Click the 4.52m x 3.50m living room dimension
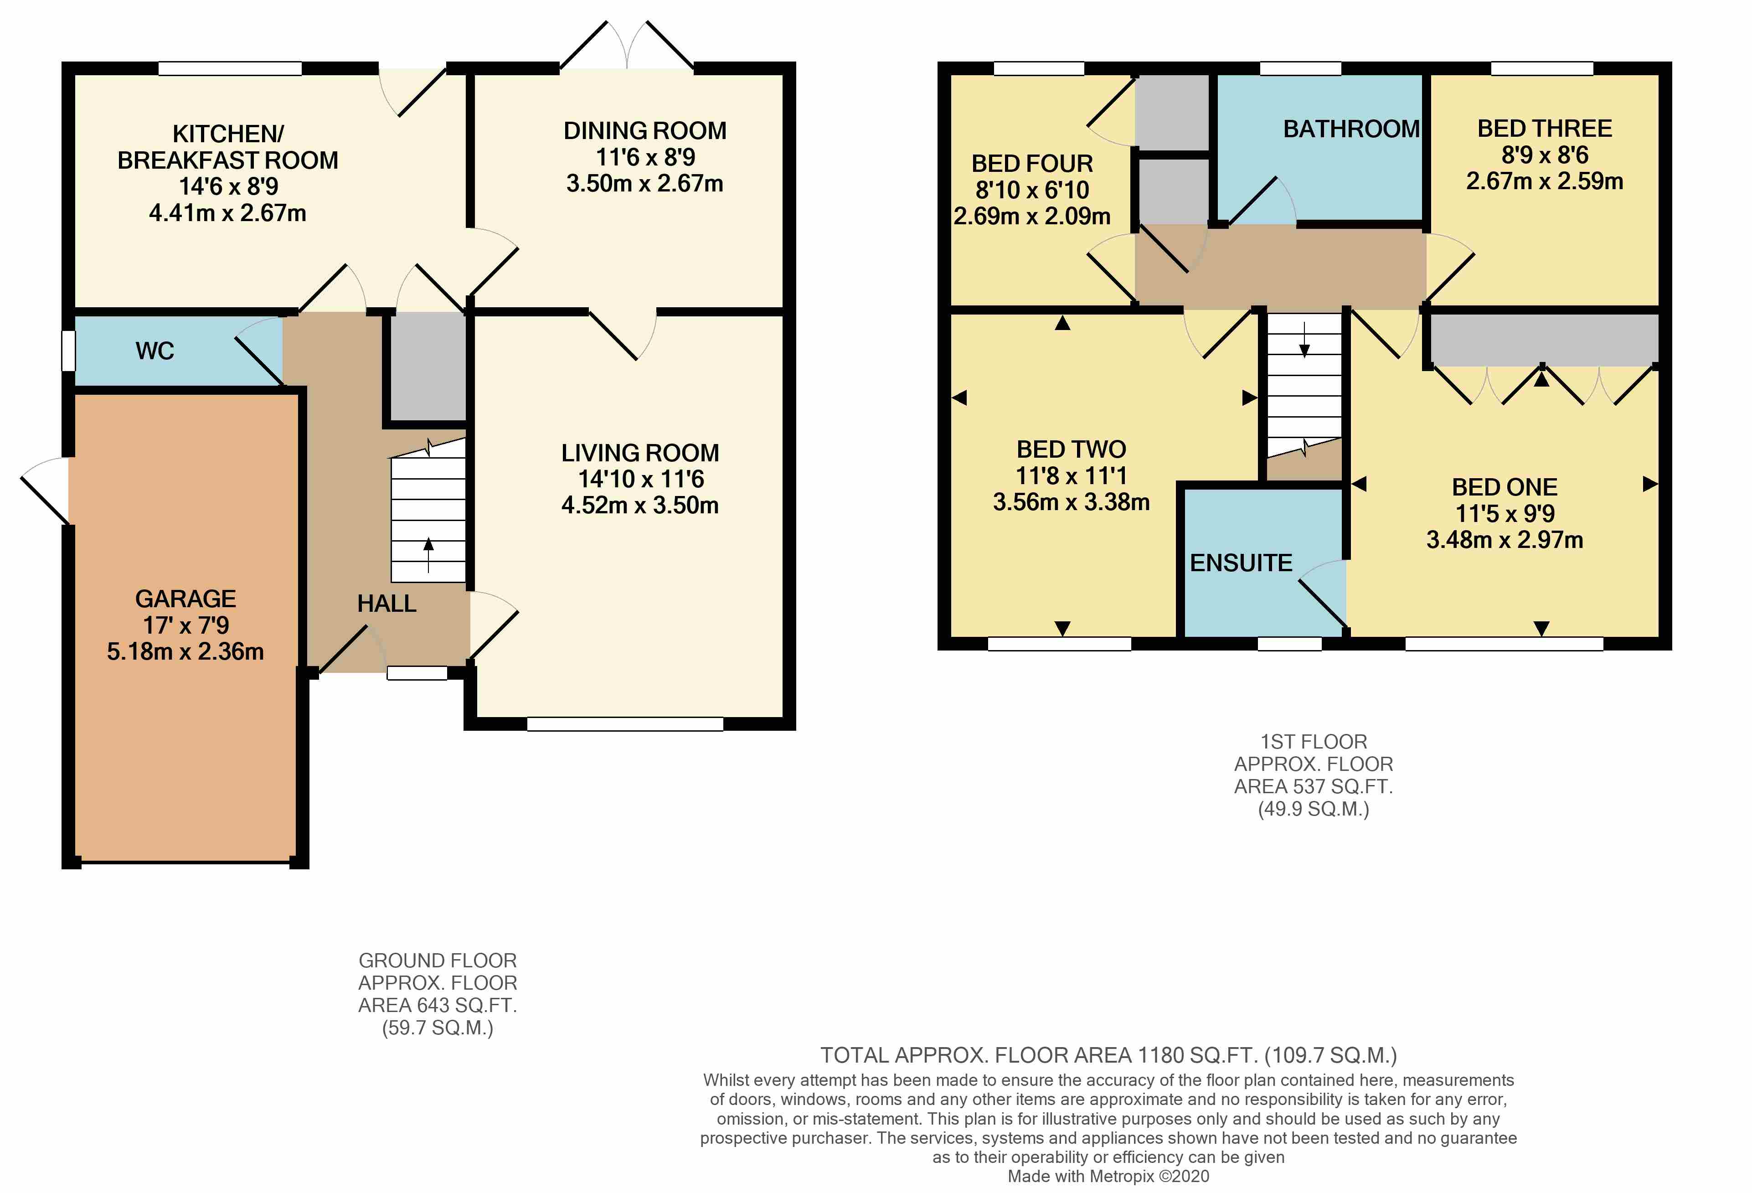pyautogui.click(x=639, y=505)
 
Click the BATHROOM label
pyautogui.click(x=1351, y=130)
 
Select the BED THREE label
pyautogui.click(x=1544, y=129)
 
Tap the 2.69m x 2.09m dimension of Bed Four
pyautogui.click(x=1031, y=217)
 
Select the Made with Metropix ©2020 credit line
pyautogui.click(x=1108, y=1177)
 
